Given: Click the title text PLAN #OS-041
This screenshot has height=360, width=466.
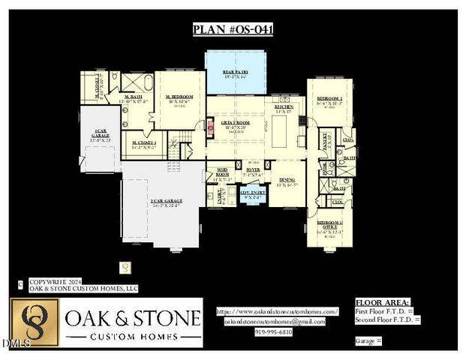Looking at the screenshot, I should tap(233, 30).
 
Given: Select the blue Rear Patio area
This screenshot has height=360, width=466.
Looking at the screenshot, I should tap(236, 73).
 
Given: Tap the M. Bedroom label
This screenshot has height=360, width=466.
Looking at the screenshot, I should tap(179, 97).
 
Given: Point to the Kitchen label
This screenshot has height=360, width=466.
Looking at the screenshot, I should tap(284, 108).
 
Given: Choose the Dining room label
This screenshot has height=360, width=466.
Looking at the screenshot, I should tap(287, 180).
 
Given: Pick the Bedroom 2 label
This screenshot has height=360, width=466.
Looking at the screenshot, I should tap(329, 99).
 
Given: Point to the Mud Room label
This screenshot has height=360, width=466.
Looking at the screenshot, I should tap(223, 172).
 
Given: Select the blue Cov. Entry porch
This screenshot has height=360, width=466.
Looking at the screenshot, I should tap(253, 194).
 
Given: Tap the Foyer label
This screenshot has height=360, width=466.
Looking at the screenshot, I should tap(253, 170).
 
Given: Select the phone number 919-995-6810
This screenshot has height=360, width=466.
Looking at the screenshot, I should tap(274, 331).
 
